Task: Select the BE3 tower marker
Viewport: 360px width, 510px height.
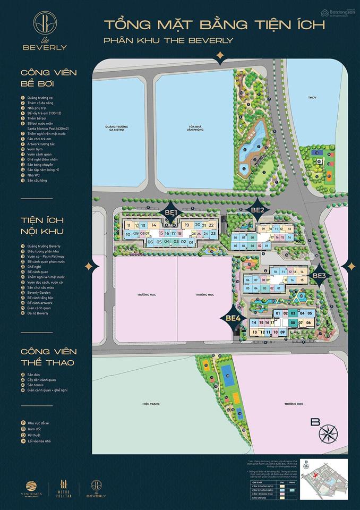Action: point(319,276)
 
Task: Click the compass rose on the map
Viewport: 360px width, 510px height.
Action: point(330,432)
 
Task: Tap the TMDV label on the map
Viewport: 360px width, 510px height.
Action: point(318,98)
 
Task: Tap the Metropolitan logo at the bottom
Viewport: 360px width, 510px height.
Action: point(65,488)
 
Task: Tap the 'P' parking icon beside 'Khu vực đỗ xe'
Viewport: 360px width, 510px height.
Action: point(23,423)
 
